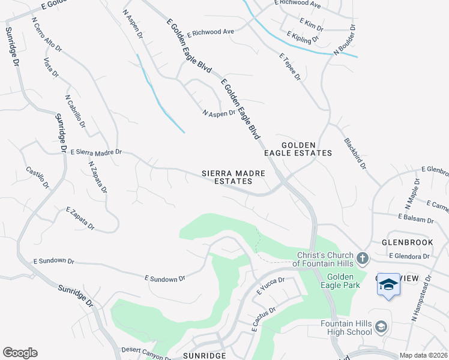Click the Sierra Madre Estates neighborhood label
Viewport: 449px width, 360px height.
pos(226,177)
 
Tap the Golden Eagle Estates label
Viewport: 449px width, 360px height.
pos(307,149)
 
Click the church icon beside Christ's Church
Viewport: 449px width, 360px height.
pos(362,258)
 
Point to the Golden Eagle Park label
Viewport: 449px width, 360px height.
pos(340,281)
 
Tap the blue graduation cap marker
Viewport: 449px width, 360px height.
pos(388,284)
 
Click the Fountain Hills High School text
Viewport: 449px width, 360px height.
pos(346,328)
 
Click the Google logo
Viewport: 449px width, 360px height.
pos(20,353)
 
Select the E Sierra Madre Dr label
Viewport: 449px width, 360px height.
pos(96,152)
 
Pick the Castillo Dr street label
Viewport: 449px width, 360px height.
pos(37,178)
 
